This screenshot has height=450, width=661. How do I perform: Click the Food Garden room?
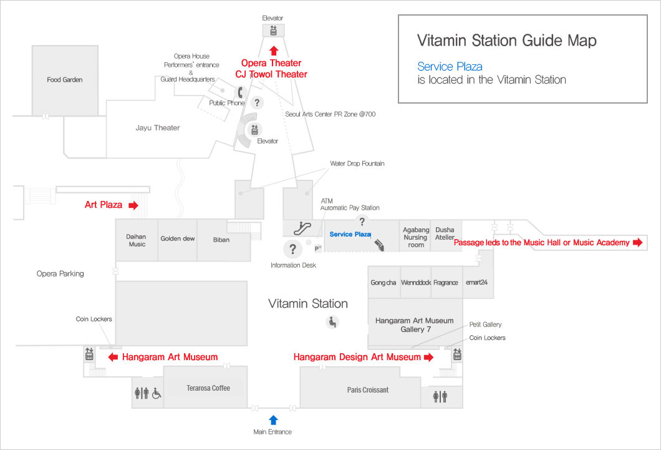pyautogui.click(x=64, y=80)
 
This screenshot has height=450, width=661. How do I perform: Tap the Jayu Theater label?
pyautogui.click(x=158, y=128)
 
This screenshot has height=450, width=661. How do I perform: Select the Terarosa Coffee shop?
pyautogui.click(x=208, y=388)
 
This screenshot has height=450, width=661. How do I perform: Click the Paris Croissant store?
pyautogui.click(x=368, y=389)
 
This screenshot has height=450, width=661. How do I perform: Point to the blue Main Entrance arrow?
pyautogui.click(x=273, y=419)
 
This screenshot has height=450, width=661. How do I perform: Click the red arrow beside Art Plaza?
pyautogui.click(x=133, y=205)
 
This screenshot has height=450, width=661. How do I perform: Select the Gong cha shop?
pyautogui.click(x=383, y=283)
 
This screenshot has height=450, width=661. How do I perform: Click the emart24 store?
pyautogui.click(x=476, y=283)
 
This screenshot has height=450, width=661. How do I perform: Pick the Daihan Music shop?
pyautogui.click(x=137, y=240)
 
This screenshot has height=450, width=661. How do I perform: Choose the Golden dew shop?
pyautogui.click(x=177, y=238)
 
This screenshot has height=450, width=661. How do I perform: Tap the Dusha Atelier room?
pyautogui.click(x=445, y=233)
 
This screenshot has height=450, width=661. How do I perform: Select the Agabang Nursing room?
pyautogui.click(x=415, y=237)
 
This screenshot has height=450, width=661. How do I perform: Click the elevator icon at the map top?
pyautogui.click(x=273, y=30)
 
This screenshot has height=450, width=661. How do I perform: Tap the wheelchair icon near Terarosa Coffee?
pyautogui.click(x=157, y=393)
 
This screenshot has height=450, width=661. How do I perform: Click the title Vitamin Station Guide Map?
pyautogui.click(x=506, y=41)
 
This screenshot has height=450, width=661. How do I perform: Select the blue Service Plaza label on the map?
pyautogui.click(x=350, y=234)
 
